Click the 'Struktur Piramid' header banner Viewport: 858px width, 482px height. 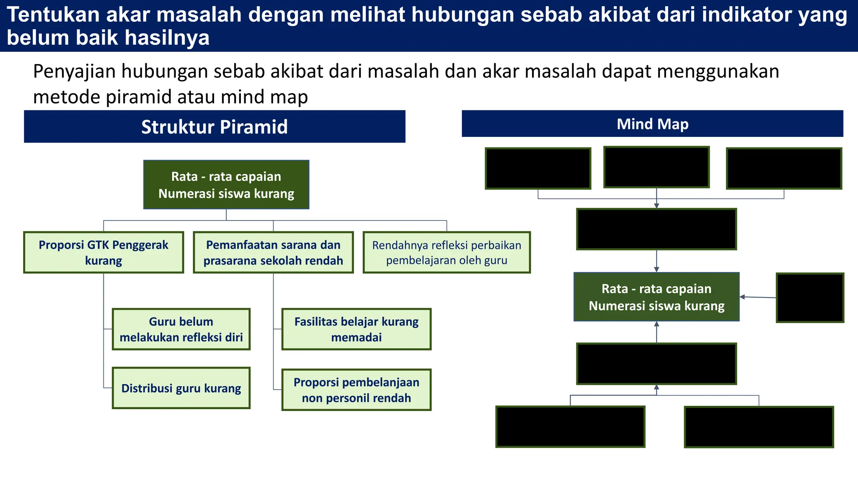(214, 126)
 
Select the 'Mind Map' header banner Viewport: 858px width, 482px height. (652, 124)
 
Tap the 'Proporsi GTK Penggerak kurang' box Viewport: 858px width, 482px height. (103, 252)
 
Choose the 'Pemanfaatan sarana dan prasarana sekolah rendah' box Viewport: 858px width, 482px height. (273, 252)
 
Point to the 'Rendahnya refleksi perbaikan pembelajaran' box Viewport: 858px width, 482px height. (447, 252)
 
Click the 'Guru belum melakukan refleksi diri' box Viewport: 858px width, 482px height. (181, 329)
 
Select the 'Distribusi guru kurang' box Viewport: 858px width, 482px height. (181, 388)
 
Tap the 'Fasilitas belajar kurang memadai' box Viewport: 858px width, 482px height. (356, 329)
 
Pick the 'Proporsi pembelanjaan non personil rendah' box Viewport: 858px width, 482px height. (356, 390)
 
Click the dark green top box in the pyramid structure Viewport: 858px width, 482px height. (226, 185)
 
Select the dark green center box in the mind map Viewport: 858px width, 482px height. (656, 297)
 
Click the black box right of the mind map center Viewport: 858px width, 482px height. (810, 298)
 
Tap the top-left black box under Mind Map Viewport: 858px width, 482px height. (538, 168)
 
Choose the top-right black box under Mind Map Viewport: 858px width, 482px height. (784, 168)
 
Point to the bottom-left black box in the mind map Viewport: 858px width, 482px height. (570, 427)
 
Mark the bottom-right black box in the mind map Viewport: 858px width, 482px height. (759, 427)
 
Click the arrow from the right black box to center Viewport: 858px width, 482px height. (758, 297)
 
